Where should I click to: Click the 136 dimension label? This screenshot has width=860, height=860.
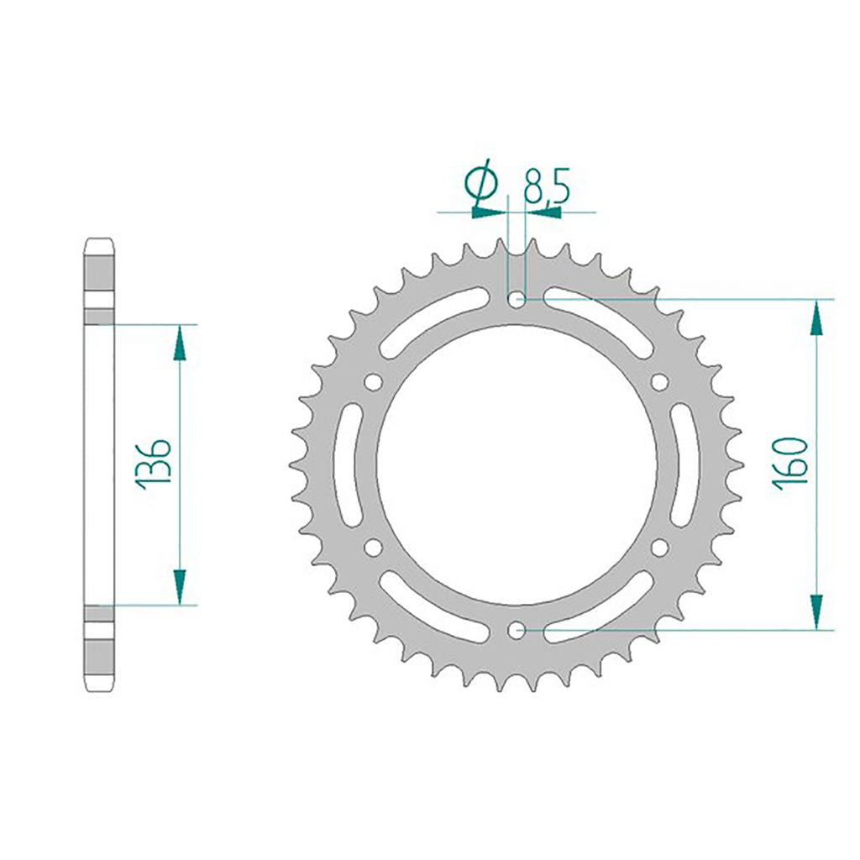153,464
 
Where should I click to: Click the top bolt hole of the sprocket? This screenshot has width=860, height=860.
517,300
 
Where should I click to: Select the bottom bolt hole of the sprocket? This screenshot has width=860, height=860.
517,630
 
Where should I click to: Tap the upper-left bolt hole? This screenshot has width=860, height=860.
373,382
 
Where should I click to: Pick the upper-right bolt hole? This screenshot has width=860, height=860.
659,382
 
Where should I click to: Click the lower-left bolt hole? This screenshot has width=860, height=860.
373,548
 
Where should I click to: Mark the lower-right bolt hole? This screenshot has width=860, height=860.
659,548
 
